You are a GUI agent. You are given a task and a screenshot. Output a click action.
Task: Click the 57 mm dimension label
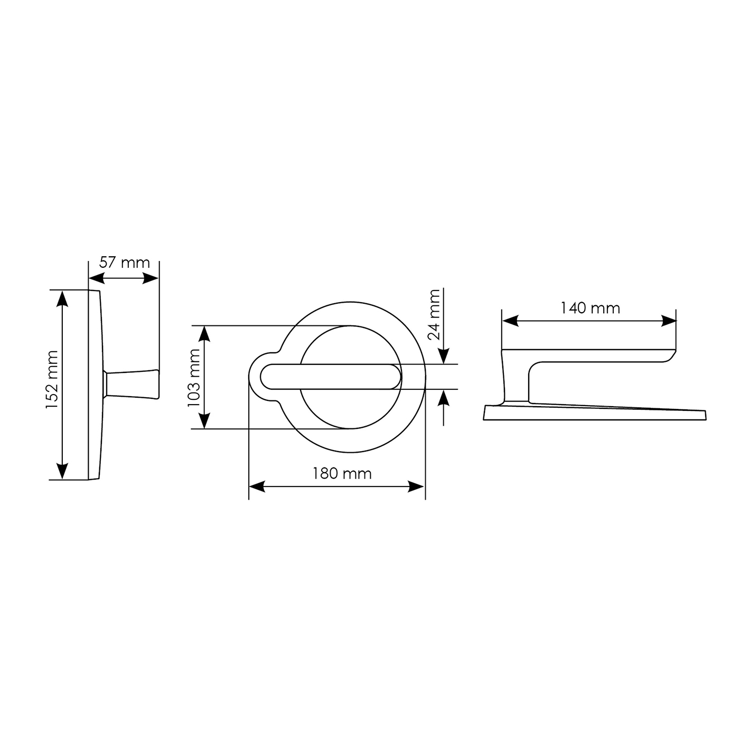(x=125, y=263)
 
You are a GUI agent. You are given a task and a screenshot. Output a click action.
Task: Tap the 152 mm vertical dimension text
(x=52, y=379)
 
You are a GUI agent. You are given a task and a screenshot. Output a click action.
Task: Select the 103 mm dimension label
(x=193, y=378)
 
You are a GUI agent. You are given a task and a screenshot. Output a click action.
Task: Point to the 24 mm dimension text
(x=434, y=315)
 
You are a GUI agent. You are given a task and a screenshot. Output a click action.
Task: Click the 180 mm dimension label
(x=342, y=473)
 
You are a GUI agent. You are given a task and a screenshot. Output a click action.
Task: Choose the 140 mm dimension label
(x=590, y=308)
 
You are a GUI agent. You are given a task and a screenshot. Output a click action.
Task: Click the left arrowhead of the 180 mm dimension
(x=257, y=486)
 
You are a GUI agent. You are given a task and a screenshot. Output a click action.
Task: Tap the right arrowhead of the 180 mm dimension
(x=416, y=486)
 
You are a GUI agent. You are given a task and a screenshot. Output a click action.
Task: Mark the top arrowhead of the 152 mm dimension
(x=62, y=299)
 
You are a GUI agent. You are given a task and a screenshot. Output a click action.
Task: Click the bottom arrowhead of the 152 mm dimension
(x=62, y=471)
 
